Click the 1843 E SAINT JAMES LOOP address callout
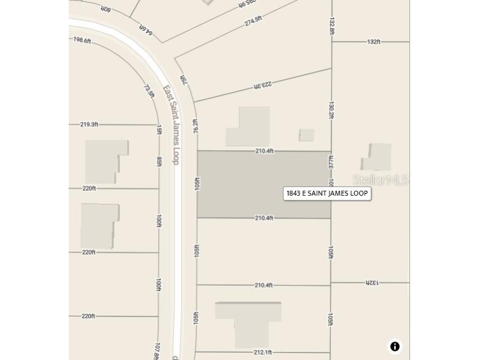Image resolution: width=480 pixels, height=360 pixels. click(327, 194)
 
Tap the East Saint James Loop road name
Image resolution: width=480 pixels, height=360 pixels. click(171, 124)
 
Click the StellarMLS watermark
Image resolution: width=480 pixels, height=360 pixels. click(381, 180)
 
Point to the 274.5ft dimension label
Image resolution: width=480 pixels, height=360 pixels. click(253, 21)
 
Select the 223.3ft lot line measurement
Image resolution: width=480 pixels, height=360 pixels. click(262, 86)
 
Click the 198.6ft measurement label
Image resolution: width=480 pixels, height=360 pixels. click(82, 40)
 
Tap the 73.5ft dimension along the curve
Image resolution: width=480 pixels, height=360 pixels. click(149, 91)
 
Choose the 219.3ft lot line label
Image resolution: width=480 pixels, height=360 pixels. click(89, 124)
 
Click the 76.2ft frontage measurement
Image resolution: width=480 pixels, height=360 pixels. click(196, 126)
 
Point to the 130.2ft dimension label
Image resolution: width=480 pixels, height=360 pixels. click(331, 110)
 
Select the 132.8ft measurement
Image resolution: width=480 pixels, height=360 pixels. click(332, 26)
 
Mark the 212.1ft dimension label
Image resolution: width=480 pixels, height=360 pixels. click(263, 352)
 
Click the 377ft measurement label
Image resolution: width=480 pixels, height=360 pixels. click(331, 162)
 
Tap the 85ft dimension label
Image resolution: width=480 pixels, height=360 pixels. click(159, 161)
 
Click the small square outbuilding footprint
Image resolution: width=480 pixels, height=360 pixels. click(306, 135)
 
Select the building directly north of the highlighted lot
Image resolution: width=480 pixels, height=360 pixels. click(248, 126)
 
